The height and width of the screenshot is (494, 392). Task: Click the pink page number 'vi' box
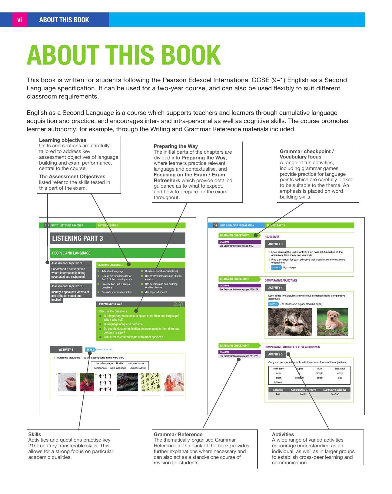tap(20, 20)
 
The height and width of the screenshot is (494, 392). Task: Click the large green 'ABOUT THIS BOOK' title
tap(124, 55)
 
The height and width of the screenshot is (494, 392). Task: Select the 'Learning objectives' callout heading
tap(62, 140)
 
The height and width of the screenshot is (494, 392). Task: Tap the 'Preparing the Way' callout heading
tap(176, 146)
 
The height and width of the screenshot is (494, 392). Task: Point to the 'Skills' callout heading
tap(35, 434)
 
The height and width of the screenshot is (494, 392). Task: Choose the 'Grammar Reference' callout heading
tap(178, 434)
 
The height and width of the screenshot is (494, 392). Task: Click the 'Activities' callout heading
tap(283, 434)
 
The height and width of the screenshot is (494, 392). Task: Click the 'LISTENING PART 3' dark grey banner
tap(117, 239)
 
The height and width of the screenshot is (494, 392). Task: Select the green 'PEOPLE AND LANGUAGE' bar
tap(117, 253)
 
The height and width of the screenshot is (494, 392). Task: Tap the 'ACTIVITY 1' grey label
tap(66, 350)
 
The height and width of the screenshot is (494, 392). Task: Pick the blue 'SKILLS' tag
tap(90, 350)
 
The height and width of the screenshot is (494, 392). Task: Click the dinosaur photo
tap(290, 322)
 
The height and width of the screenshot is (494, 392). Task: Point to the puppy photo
tap(332, 322)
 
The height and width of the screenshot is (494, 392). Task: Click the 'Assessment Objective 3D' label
tap(71, 286)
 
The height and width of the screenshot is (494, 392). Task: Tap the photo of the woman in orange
tap(174, 382)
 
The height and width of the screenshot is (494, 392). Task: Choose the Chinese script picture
tap(151, 382)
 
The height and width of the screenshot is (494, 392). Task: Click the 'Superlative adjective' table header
tap(334, 390)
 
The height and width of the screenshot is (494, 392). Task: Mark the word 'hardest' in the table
tap(334, 394)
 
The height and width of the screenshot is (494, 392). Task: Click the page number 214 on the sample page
tap(47, 225)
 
